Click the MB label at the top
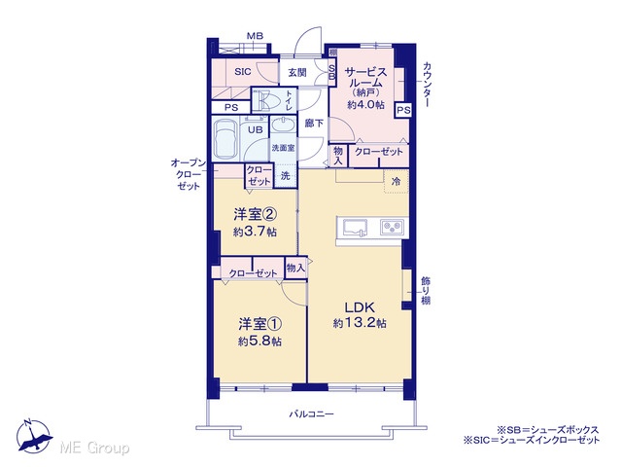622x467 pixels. [255, 36]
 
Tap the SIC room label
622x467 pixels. [242, 72]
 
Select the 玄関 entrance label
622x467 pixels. [297, 73]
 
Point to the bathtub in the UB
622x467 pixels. [225, 138]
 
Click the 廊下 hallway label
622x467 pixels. [314, 124]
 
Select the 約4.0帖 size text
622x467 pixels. [365, 105]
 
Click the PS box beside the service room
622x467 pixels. [403, 110]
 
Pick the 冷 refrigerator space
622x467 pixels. [397, 182]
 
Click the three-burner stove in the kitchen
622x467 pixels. [392, 228]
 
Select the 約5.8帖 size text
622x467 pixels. [259, 341]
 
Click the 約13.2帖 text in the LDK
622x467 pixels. [360, 323]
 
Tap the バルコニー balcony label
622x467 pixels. [311, 414]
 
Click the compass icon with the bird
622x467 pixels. [34, 437]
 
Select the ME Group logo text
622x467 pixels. [94, 448]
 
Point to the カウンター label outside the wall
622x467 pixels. [428, 85]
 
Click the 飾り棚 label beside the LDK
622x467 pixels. [426, 291]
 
